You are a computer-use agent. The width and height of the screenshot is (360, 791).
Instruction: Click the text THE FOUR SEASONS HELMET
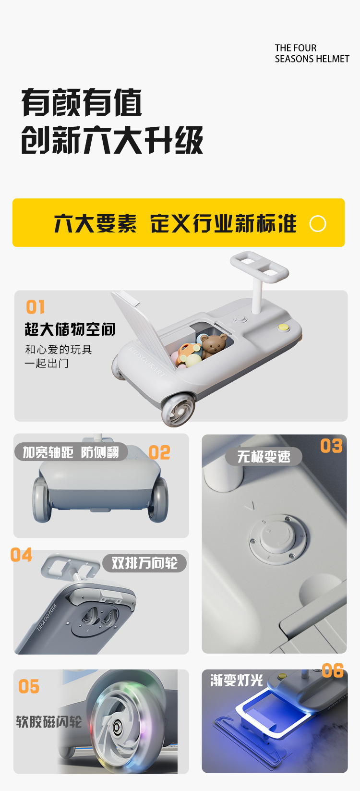pos(312,53)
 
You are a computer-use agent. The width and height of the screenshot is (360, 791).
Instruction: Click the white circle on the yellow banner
pos(318,224)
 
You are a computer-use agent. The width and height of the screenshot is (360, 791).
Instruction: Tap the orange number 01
pos(36,307)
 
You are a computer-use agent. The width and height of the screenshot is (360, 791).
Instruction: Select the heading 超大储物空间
pos(70,329)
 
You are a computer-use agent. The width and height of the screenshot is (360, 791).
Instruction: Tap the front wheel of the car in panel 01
pos(179,409)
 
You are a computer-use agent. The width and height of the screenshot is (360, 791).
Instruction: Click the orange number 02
pos(159,452)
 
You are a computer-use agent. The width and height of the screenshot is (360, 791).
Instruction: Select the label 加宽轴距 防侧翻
pos(71,452)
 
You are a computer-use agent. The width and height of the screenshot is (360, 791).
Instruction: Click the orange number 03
pos(331,446)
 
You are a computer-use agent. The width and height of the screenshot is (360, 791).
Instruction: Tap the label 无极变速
pos(264,457)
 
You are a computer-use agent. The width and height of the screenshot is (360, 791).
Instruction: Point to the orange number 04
pos(21,555)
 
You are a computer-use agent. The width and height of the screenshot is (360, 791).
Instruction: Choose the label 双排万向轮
pos(144,563)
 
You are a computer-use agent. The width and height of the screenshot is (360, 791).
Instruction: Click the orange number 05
pos(29,687)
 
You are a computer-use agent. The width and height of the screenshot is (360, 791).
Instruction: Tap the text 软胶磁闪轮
pos(49,722)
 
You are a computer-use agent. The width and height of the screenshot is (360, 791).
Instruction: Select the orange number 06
pos(333,671)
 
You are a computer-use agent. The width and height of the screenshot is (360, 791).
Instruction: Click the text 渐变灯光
pos(237,681)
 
